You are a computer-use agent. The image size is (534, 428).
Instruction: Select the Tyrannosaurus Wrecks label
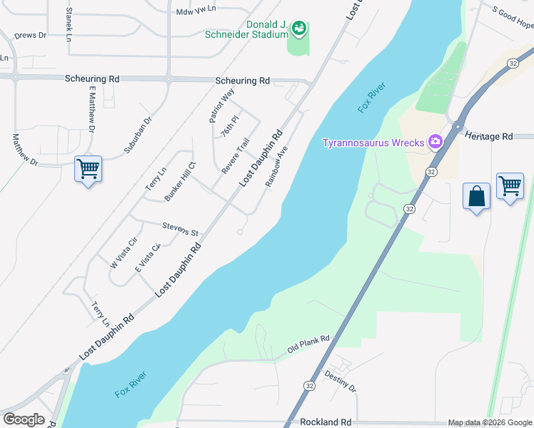point(373,142)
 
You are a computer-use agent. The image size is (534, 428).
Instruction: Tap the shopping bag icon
point(476,196)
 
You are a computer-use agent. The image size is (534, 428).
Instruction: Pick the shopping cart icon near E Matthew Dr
point(88,169)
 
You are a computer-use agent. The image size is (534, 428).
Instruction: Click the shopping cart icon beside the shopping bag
point(510,186)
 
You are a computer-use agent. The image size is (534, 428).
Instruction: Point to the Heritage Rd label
point(489,136)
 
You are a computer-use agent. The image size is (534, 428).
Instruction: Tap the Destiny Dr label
point(340,381)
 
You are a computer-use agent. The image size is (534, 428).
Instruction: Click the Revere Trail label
point(236,156)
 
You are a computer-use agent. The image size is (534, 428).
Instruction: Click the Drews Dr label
point(30,35)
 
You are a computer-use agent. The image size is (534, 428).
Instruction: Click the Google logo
point(24,419)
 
